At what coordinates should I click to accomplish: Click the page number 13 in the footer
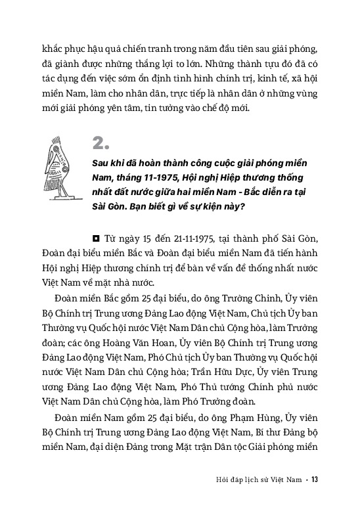[315, 478]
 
